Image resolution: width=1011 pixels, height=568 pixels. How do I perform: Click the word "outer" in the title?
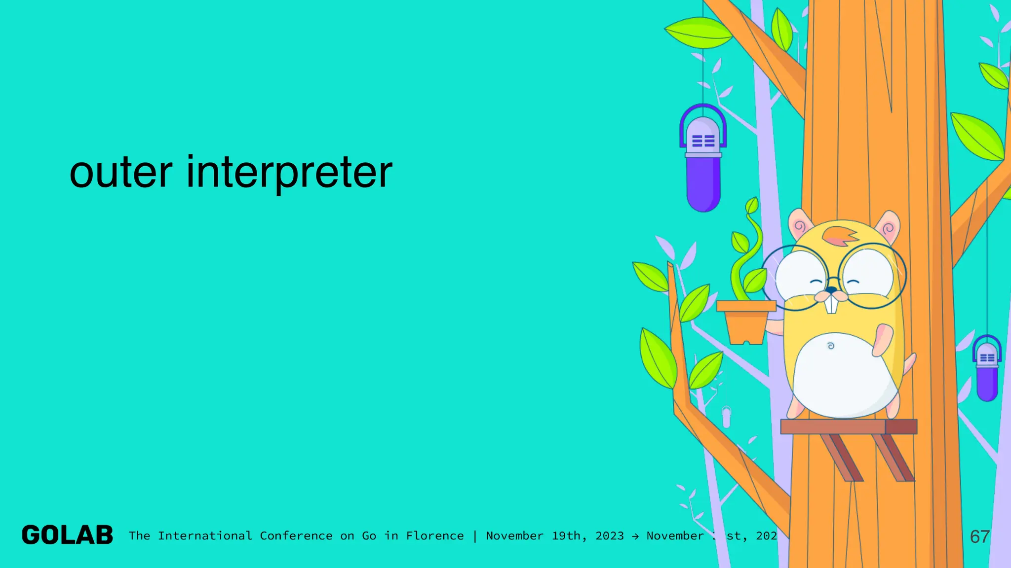point(121,172)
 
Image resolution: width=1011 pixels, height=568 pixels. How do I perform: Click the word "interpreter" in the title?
point(289,173)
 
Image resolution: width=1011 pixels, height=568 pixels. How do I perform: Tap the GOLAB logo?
point(68,535)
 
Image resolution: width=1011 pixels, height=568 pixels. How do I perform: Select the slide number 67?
point(979,536)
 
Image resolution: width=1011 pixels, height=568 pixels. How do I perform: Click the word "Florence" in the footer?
point(435,536)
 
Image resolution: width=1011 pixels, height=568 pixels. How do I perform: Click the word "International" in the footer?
point(205,536)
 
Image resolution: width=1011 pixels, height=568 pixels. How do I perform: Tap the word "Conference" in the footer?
point(296,536)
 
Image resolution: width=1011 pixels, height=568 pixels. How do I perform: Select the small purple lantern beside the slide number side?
point(987,370)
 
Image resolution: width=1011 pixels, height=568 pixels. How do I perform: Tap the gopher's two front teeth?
point(832,304)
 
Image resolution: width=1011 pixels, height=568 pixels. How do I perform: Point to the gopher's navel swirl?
point(831,346)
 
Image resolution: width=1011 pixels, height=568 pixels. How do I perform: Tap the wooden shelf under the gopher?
point(848,426)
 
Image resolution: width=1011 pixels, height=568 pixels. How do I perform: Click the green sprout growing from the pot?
point(748,251)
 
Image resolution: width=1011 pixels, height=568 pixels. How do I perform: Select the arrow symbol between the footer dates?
point(635,536)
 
